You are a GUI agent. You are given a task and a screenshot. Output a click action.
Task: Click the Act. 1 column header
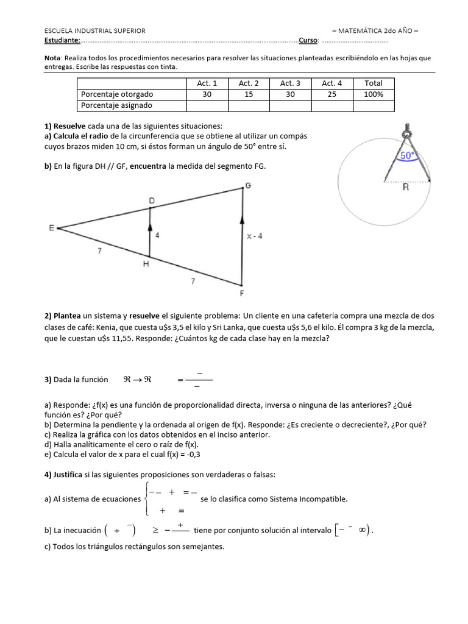tap(207, 83)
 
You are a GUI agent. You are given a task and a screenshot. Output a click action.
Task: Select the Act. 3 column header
tap(290, 83)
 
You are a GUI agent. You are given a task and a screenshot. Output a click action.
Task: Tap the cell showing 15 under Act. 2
tap(249, 94)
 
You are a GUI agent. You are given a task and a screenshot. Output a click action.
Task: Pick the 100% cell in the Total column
tap(374, 94)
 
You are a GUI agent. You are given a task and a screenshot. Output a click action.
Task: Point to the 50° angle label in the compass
tap(407, 155)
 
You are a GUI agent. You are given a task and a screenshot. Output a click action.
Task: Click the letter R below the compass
tap(405, 188)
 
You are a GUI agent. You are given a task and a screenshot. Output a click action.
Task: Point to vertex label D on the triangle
tap(152, 200)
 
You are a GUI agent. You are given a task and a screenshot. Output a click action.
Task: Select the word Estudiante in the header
tap(62, 40)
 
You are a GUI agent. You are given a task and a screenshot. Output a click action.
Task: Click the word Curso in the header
tap(308, 40)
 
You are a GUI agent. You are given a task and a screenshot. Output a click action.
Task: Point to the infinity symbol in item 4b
tap(364, 530)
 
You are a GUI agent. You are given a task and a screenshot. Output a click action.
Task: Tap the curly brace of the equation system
tap(144, 498)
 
